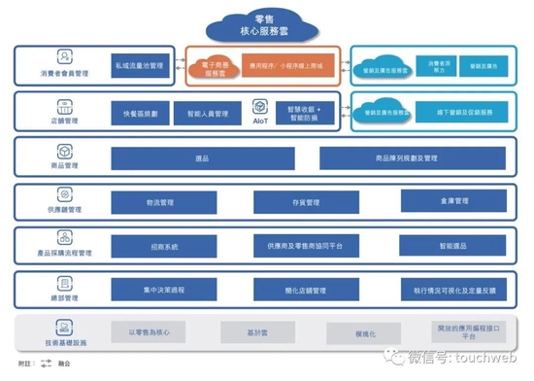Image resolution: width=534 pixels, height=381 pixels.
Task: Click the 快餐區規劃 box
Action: click(x=139, y=114)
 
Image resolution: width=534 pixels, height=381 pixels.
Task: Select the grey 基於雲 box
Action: click(x=255, y=332)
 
